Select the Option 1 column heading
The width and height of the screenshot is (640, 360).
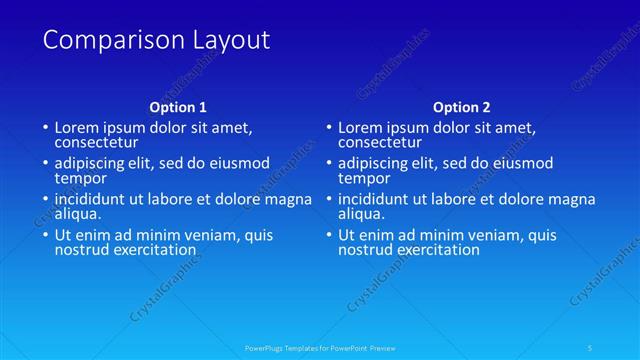click(x=178, y=107)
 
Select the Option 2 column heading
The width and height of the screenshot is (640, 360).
click(x=462, y=107)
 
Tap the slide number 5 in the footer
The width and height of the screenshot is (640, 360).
click(x=591, y=348)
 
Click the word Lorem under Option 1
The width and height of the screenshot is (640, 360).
click(x=76, y=128)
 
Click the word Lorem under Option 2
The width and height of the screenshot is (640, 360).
click(x=360, y=128)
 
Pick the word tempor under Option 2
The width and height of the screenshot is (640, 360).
click(x=362, y=177)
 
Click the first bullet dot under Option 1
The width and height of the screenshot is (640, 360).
click(x=44, y=129)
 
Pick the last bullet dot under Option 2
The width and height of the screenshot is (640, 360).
click(x=328, y=236)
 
